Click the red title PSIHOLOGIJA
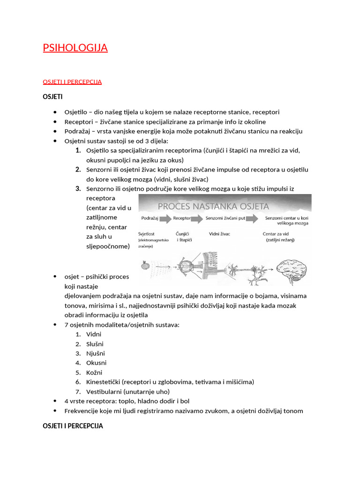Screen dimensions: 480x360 [75, 48]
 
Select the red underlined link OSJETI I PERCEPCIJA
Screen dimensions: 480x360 [72, 82]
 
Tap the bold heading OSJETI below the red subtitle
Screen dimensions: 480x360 [52, 97]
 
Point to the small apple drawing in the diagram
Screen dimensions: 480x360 [144, 265]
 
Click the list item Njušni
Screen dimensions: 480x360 [96, 353]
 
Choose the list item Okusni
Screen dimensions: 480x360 [97, 363]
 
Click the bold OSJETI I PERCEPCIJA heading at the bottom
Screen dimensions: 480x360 [73, 426]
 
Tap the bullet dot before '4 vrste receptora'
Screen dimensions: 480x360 [55, 401]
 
